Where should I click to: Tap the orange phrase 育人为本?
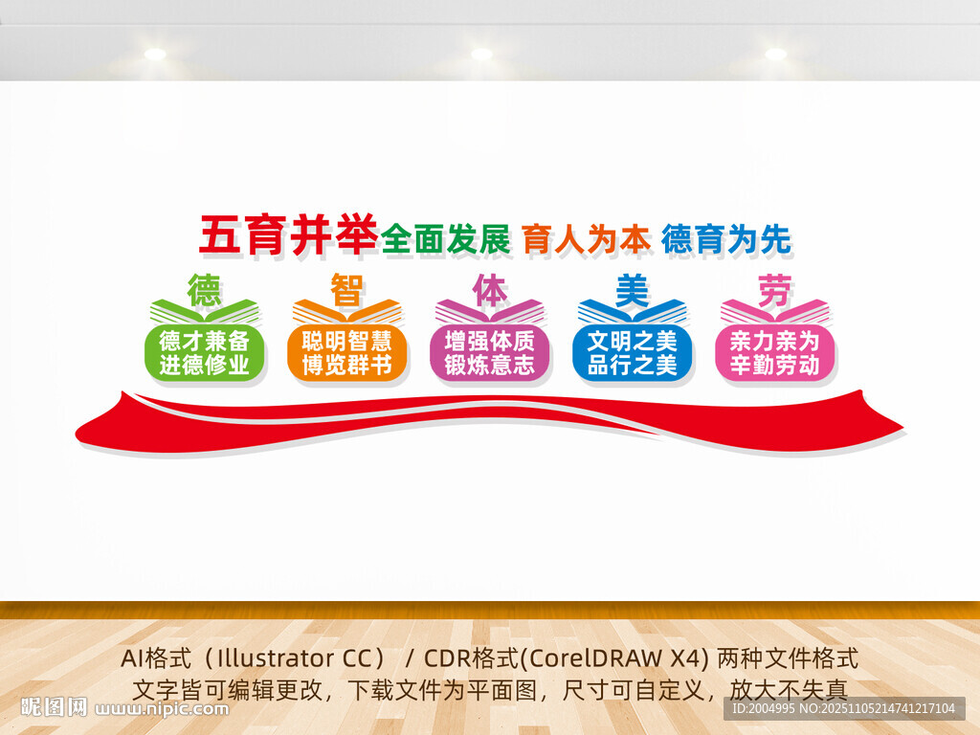click(x=586, y=239)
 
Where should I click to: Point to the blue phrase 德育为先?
click(x=726, y=239)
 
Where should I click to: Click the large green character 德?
click(x=204, y=289)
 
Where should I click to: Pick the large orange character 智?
click(x=346, y=289)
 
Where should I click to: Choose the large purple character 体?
click(x=489, y=289)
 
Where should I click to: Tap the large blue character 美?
click(x=632, y=289)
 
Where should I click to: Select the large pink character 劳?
click(x=774, y=289)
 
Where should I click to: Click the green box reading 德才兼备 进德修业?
click(x=204, y=352)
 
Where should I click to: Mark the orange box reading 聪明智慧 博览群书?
click(x=346, y=352)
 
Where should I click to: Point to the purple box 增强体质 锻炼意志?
click(x=489, y=352)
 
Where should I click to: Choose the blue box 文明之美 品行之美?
click(x=632, y=352)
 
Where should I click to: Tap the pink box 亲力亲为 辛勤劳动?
click(x=774, y=352)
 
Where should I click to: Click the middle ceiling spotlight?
click(x=481, y=54)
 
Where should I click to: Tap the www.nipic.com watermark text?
click(x=163, y=709)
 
